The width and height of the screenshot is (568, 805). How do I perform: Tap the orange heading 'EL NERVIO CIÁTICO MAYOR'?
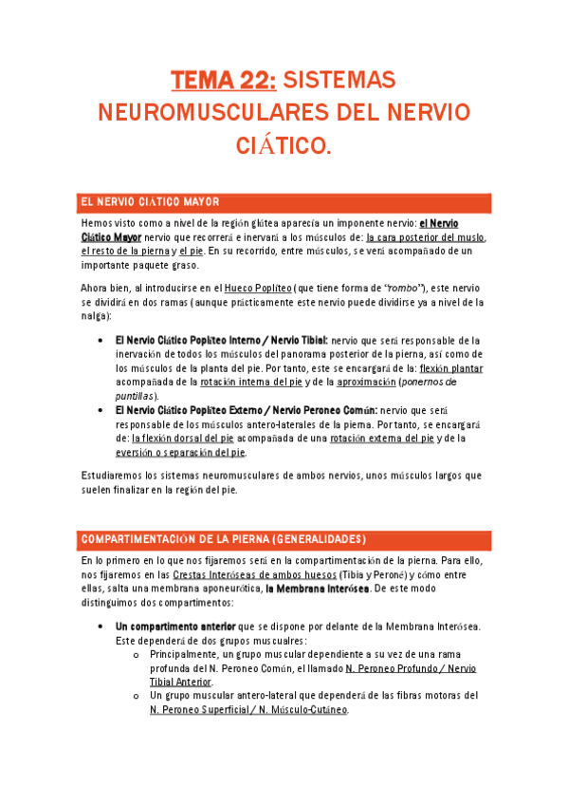tap(151, 202)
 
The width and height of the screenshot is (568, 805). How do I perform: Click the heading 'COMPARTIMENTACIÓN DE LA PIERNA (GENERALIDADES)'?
tap(224, 539)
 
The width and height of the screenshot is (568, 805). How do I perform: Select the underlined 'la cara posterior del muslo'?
tap(426, 237)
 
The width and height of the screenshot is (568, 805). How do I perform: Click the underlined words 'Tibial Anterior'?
tap(181, 681)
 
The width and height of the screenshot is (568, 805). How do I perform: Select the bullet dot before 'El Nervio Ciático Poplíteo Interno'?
tap(101, 340)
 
